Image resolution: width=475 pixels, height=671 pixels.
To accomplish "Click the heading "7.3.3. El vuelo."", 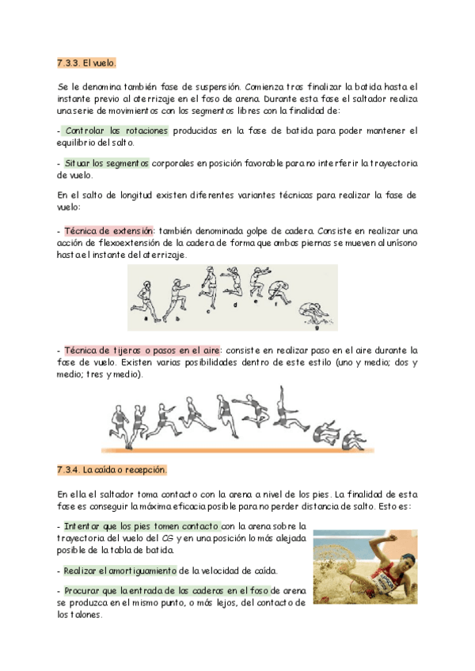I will tap(86, 62).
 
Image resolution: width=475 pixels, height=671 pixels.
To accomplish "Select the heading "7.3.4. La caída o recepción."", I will tap(112, 470).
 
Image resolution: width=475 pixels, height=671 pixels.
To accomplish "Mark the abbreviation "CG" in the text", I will tap(189, 539).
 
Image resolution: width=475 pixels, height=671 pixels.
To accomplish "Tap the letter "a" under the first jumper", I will tap(146, 319).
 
